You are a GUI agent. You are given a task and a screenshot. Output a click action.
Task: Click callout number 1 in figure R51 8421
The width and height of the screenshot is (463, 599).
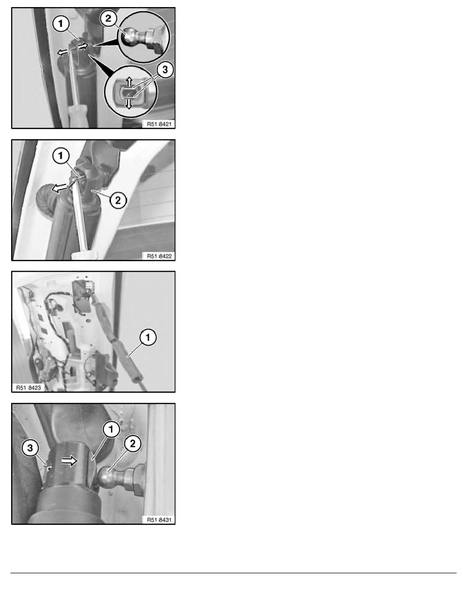coord(61,24)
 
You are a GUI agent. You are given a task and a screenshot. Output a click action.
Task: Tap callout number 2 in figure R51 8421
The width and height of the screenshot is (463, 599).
coord(109,18)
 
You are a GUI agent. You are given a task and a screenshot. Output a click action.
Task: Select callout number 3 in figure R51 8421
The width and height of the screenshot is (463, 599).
coord(165,70)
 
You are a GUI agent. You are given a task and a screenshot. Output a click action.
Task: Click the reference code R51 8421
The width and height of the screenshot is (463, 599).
coord(159,124)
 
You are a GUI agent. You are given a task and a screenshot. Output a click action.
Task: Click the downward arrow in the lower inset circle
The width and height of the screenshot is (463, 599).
coord(129,103)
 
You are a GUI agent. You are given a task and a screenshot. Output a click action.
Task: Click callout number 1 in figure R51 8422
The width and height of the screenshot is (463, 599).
coord(61,156)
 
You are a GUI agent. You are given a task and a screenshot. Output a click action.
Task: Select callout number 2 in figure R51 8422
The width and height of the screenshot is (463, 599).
coord(118,200)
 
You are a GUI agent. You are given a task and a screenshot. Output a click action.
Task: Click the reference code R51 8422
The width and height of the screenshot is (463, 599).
coord(159,256)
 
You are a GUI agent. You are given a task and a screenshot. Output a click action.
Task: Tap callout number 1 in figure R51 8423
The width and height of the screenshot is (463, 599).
coord(148,337)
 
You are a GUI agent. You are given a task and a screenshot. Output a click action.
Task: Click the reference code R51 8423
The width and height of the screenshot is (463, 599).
coord(28,387)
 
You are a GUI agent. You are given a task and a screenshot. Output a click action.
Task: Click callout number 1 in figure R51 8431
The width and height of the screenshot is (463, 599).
coord(111,430)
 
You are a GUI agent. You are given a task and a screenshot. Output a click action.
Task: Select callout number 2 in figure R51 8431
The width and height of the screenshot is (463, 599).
coord(133,444)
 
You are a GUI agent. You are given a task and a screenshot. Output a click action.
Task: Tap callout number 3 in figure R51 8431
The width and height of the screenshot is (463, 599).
coord(31,448)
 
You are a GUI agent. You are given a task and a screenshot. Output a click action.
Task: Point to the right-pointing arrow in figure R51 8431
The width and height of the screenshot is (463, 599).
coord(70,461)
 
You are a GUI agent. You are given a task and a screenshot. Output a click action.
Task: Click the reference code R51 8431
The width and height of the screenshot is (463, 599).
coord(159,519)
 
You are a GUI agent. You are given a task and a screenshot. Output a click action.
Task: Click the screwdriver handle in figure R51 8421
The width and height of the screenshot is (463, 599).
coord(78,116)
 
